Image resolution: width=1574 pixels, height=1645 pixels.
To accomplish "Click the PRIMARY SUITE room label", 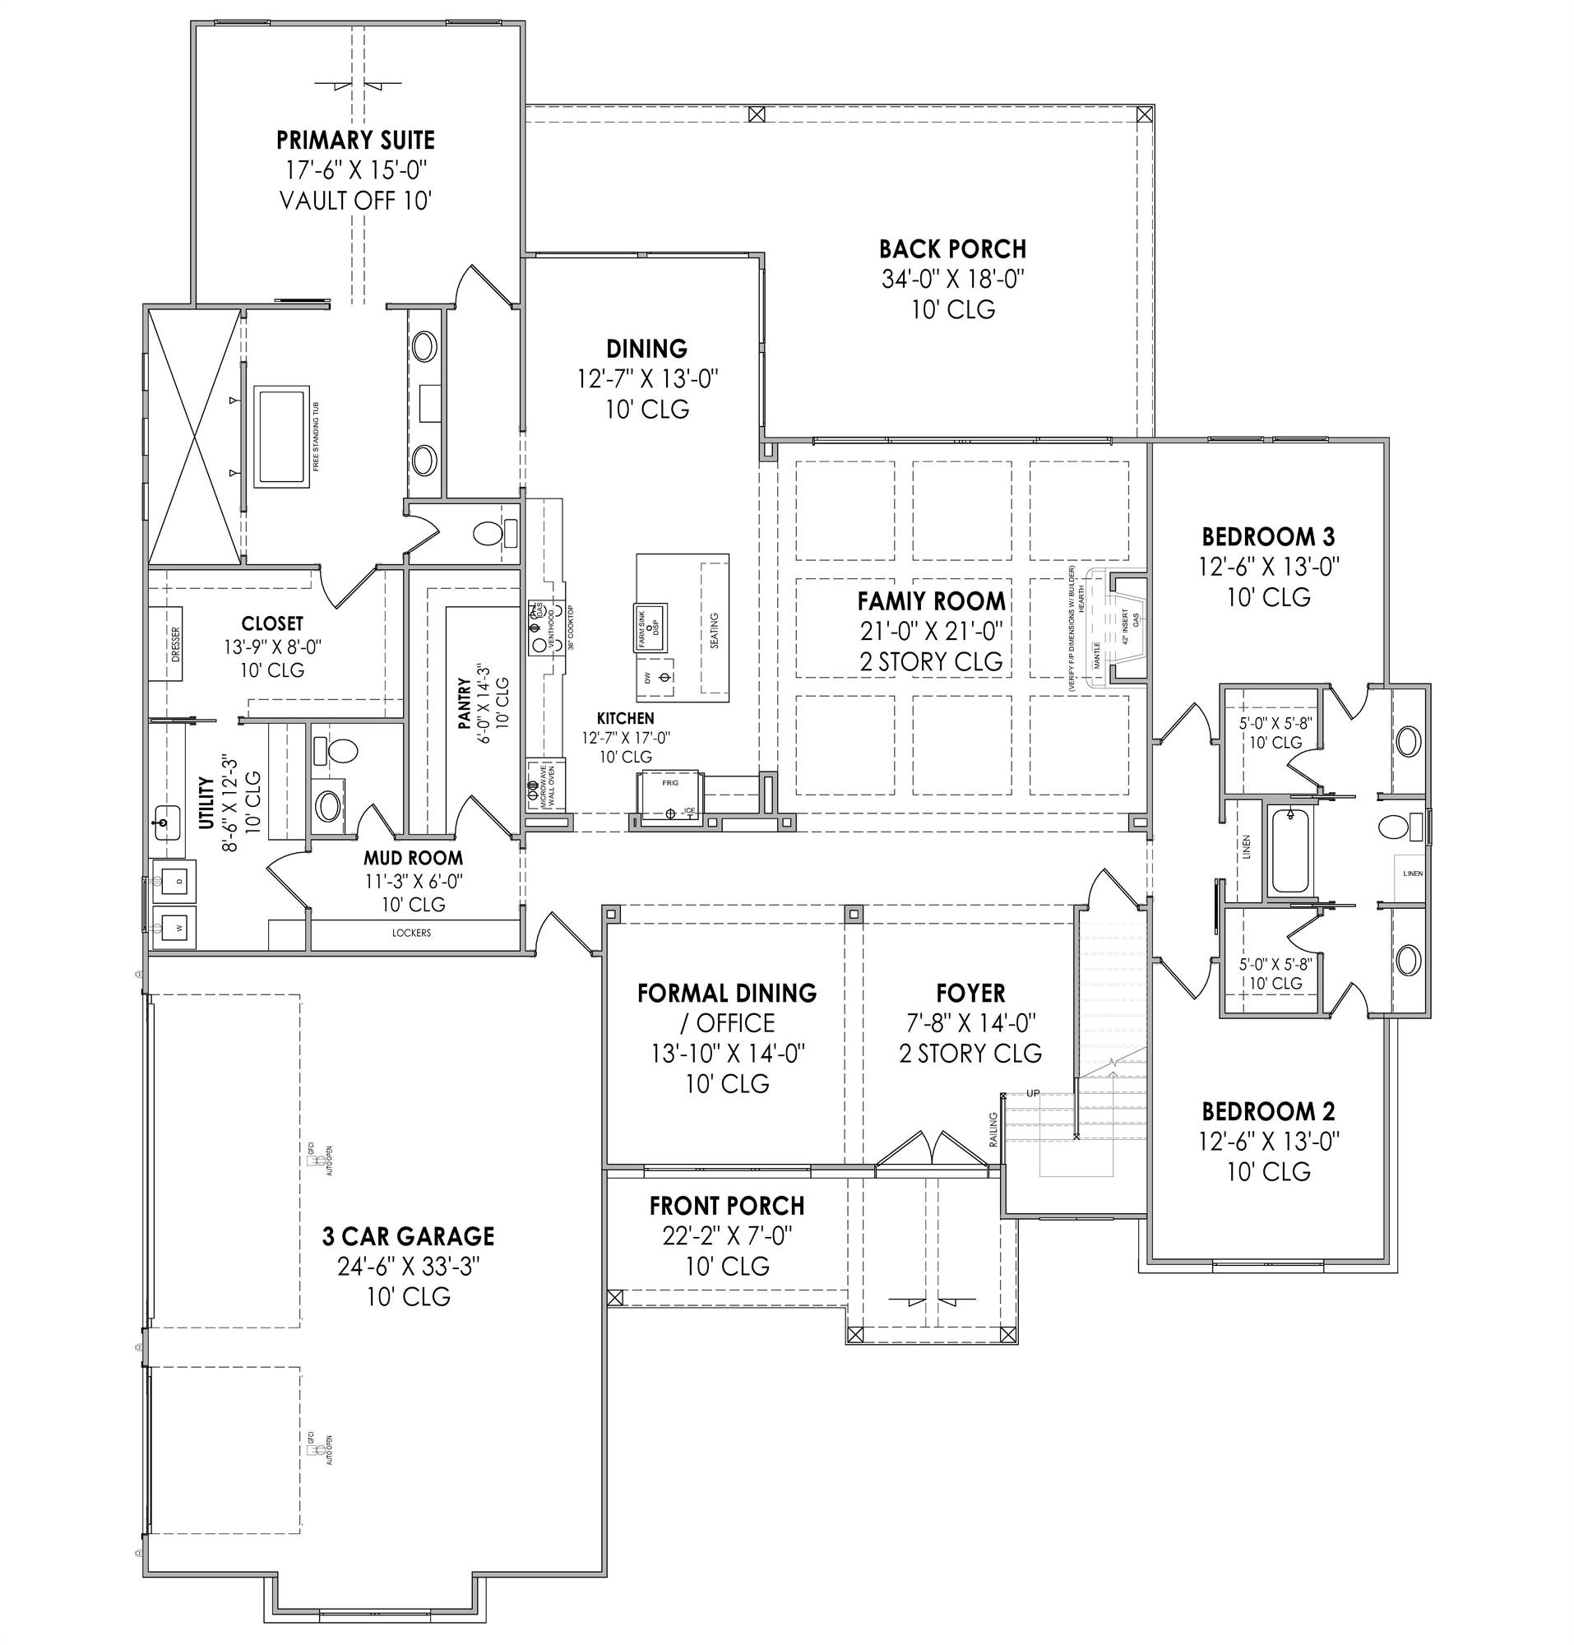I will pyautogui.click(x=356, y=139).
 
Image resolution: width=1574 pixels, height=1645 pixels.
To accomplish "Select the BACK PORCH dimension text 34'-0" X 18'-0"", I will pyautogui.click(x=953, y=280).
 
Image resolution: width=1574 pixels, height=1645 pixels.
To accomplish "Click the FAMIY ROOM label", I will pyautogui.click(x=930, y=601).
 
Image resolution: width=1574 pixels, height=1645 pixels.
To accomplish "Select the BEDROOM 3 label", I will pyautogui.click(x=1268, y=536).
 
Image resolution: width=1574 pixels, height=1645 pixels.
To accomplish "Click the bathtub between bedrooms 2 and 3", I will pyautogui.click(x=1289, y=850).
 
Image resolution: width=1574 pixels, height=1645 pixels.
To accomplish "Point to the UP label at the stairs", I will pyautogui.click(x=1033, y=1093).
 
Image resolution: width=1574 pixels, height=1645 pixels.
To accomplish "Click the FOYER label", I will pyautogui.click(x=970, y=994).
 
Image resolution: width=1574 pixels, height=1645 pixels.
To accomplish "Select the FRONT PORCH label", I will pyautogui.click(x=727, y=1206).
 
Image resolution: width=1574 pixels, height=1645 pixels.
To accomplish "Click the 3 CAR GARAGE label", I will pyautogui.click(x=408, y=1236).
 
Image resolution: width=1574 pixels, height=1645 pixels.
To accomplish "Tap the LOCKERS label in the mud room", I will pyautogui.click(x=411, y=933).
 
